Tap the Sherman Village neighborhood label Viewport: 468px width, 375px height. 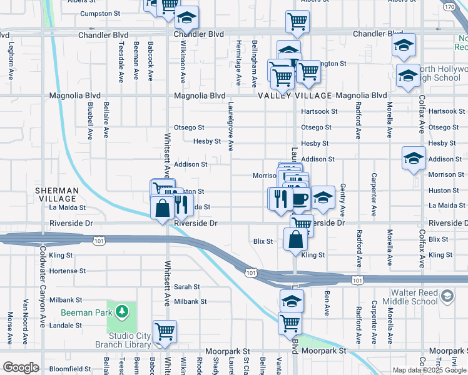56,194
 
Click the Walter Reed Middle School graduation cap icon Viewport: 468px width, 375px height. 447,295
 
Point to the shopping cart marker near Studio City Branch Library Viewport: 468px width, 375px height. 165,331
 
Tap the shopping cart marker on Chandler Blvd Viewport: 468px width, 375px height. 298,22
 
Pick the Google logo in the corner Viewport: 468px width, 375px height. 21,367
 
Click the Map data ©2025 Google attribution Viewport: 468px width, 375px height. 429,370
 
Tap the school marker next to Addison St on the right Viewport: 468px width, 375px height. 413,159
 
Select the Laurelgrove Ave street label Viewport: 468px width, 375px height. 231,127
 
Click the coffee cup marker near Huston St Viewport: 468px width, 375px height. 300,199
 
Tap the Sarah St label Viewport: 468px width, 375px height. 186,287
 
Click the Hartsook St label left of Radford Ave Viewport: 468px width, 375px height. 319,111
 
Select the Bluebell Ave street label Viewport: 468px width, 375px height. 90,120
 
